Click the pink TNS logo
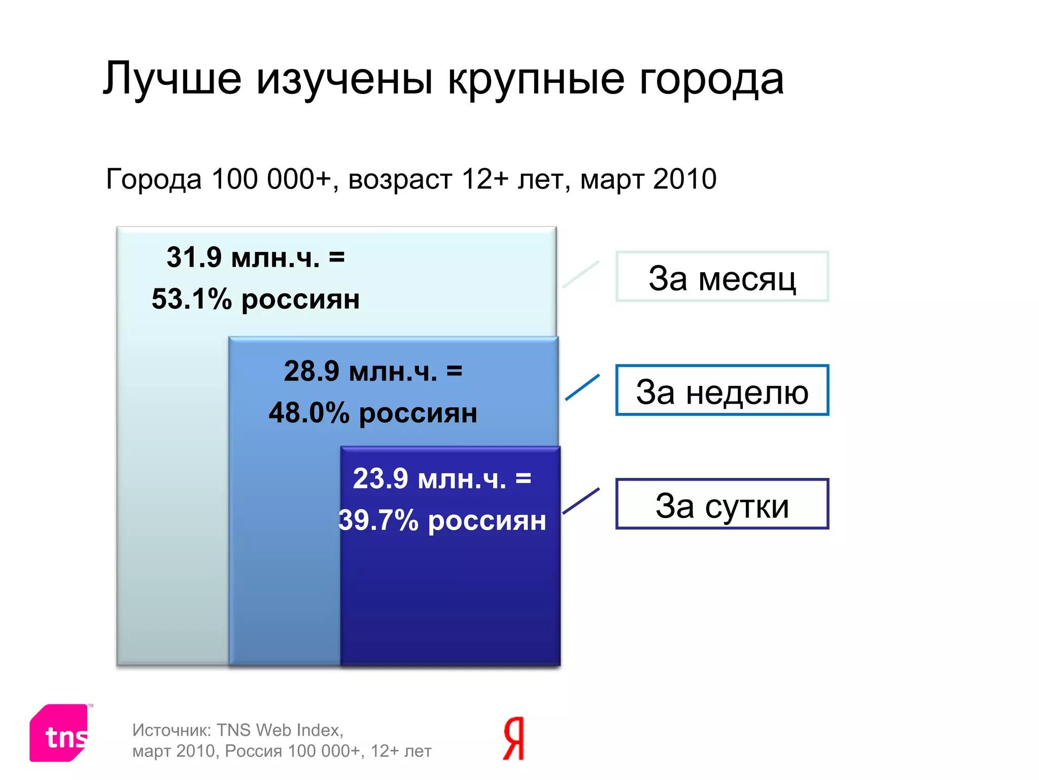coord(60,732)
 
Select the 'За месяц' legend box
coord(721,277)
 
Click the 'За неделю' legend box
coord(721,390)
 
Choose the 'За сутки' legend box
coord(721,504)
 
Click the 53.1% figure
coord(191,299)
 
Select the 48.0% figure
coord(308,412)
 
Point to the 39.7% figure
coord(377,521)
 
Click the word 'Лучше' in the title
coord(172,79)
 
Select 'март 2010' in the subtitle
coord(648,179)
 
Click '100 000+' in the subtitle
coord(271,179)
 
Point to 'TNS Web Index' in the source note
coord(279,730)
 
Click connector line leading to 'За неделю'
coord(582,387)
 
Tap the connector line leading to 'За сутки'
coord(581,501)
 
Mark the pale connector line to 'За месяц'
coord(581,274)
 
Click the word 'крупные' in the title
coord(536,79)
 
